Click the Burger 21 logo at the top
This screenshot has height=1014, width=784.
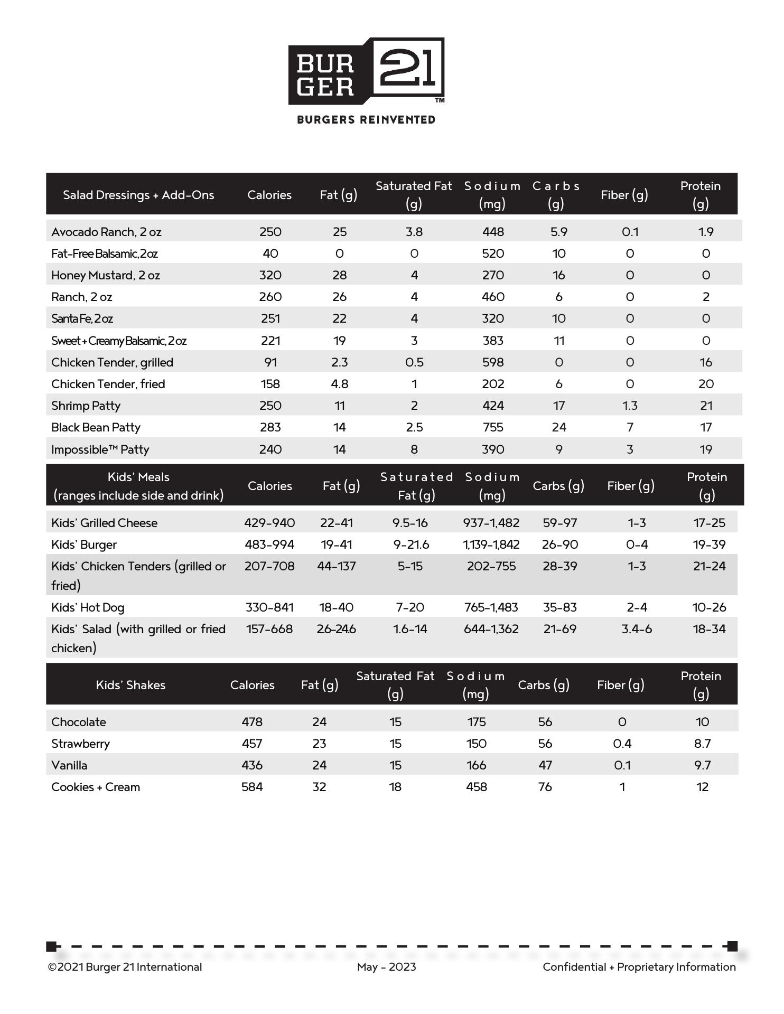click(x=366, y=71)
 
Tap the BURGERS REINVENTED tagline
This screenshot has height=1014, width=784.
click(x=366, y=120)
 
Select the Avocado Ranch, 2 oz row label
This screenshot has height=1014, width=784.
click(x=106, y=232)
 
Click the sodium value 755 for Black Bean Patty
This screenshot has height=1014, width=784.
click(x=493, y=427)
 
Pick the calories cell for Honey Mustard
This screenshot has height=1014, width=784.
click(x=270, y=275)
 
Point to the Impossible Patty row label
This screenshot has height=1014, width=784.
click(x=100, y=449)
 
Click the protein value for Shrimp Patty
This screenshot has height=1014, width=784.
click(x=706, y=406)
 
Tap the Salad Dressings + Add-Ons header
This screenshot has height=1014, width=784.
click(x=138, y=195)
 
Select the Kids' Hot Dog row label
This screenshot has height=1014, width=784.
click(x=88, y=607)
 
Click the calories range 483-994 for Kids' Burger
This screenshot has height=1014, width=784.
click(x=269, y=544)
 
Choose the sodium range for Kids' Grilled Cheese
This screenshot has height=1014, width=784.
click(x=491, y=523)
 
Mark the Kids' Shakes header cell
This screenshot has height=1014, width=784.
click(x=130, y=685)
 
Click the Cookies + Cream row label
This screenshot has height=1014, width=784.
click(x=96, y=787)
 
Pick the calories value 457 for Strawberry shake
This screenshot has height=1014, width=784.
click(x=252, y=744)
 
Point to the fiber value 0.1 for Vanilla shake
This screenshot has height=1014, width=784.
click(x=622, y=765)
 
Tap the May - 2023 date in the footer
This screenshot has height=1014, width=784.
click(x=387, y=967)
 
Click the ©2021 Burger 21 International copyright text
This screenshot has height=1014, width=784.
click(x=125, y=967)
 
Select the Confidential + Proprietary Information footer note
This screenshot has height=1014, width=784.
click(x=639, y=967)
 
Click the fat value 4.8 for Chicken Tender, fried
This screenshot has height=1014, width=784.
click(x=339, y=384)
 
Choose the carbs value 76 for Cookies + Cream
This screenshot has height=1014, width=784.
click(x=545, y=787)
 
